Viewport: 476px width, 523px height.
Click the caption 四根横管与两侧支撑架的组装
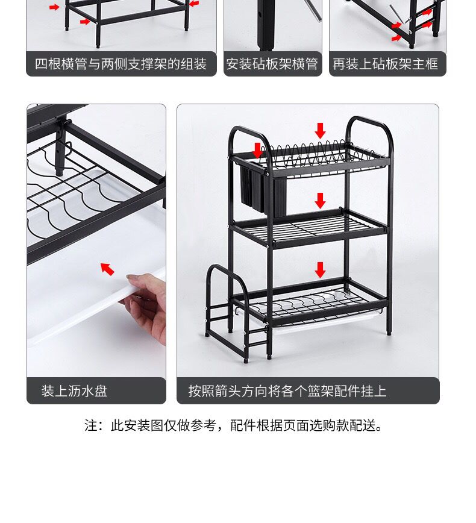click(121, 64)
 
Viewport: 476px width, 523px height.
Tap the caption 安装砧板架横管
click(272, 64)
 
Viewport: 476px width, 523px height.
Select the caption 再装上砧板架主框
click(385, 64)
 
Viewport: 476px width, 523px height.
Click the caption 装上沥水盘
click(74, 391)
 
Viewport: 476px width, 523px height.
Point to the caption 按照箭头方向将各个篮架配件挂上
click(287, 391)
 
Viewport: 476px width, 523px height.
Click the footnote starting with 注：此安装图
click(234, 425)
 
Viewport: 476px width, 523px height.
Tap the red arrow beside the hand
click(107, 269)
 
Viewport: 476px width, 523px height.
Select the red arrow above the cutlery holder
click(257, 150)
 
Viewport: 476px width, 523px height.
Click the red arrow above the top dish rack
click(320, 130)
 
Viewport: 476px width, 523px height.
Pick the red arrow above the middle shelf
click(320, 201)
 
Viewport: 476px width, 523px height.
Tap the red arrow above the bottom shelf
click(320, 269)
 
